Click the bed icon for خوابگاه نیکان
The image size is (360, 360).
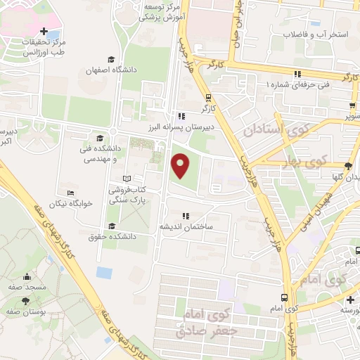[70, 193]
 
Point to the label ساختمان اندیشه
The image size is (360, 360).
[185, 227]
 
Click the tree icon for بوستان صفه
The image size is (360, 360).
[27, 300]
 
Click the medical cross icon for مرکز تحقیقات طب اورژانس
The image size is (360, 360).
[44, 32]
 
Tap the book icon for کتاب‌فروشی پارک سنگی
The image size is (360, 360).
[127, 179]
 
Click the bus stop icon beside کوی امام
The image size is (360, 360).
[283, 297]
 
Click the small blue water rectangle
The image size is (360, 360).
[104, 271]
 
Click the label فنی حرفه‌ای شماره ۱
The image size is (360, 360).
[298, 84]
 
